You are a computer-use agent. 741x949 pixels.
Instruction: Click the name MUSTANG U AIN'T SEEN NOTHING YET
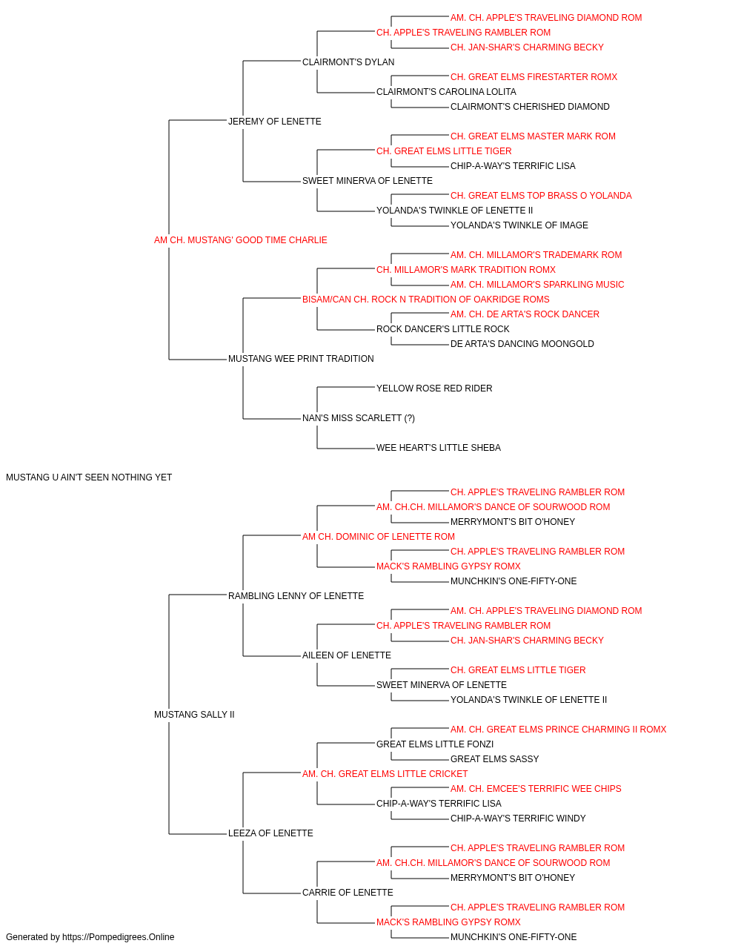pos(89,477)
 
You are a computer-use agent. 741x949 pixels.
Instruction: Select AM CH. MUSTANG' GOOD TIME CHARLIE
pos(240,240)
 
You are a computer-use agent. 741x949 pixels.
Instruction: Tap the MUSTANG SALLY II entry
pos(194,715)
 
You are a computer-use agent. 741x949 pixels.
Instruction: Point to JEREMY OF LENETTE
pos(274,122)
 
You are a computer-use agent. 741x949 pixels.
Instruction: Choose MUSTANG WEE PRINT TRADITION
pos(301,359)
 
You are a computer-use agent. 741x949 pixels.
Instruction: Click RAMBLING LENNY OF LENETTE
pos(296,595)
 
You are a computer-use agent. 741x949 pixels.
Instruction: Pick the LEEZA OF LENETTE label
pos(270,833)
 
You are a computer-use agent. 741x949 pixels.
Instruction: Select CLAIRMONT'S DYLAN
pos(348,62)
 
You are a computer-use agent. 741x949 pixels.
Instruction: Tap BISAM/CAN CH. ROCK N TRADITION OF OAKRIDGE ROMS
pos(426,299)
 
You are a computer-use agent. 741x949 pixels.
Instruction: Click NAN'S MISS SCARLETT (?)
pos(359,418)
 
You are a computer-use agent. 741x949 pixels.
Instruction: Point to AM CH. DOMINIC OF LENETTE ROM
pos(379,536)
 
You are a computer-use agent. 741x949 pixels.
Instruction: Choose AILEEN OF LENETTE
pos(347,655)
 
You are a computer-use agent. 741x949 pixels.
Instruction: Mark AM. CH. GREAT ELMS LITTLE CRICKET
pos(385,774)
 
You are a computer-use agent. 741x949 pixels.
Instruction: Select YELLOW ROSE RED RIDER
pos(434,388)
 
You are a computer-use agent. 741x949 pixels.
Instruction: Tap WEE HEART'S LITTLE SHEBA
pos(439,448)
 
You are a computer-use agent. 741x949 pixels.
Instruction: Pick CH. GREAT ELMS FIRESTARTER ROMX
pos(534,77)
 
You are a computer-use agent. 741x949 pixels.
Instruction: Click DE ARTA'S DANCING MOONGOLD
pos(522,344)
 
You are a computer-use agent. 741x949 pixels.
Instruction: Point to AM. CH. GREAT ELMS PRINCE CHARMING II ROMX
pos(558,730)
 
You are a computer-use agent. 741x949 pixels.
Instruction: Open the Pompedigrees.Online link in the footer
pos(119,937)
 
